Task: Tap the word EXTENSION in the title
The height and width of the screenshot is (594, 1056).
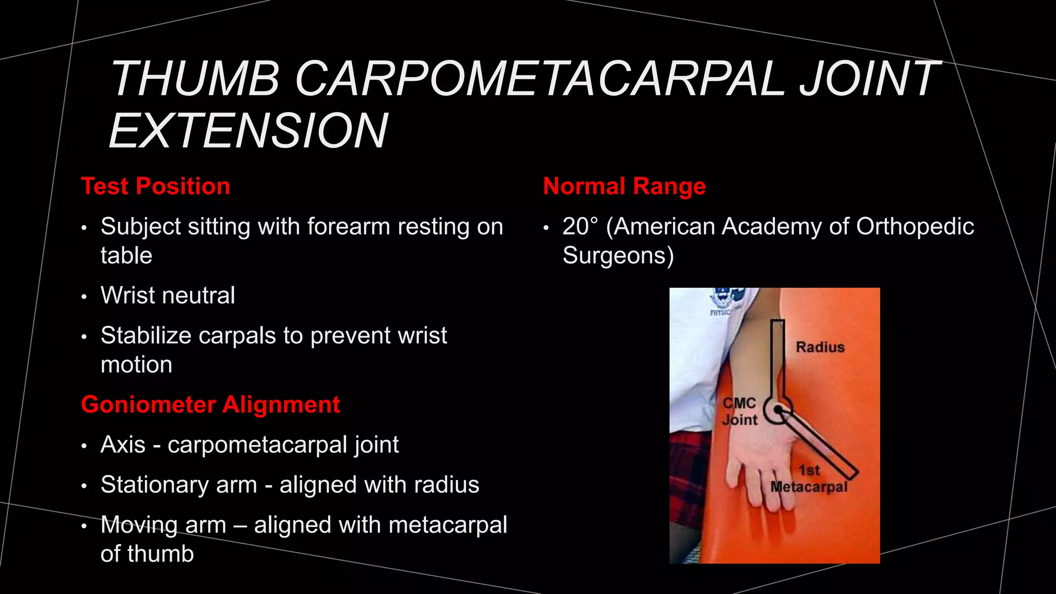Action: [248, 131]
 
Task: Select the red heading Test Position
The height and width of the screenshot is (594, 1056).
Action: [155, 186]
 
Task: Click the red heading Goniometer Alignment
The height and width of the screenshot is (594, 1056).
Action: [210, 404]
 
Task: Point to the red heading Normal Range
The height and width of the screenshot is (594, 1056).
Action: [624, 186]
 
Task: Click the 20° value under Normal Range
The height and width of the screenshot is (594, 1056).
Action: [581, 226]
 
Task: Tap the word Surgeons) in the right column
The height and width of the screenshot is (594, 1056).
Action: [618, 255]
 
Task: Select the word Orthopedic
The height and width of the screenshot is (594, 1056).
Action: [915, 226]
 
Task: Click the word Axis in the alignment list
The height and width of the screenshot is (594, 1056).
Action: [123, 444]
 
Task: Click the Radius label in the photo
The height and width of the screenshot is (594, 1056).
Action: [820, 347]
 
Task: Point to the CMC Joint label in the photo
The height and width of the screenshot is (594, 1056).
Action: [739, 411]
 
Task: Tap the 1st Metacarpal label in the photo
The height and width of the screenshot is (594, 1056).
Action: [808, 479]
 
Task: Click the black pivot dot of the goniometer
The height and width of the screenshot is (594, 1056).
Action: [778, 410]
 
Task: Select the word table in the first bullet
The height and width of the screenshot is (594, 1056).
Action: [126, 256]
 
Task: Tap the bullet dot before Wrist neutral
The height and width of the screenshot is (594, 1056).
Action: [84, 297]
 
